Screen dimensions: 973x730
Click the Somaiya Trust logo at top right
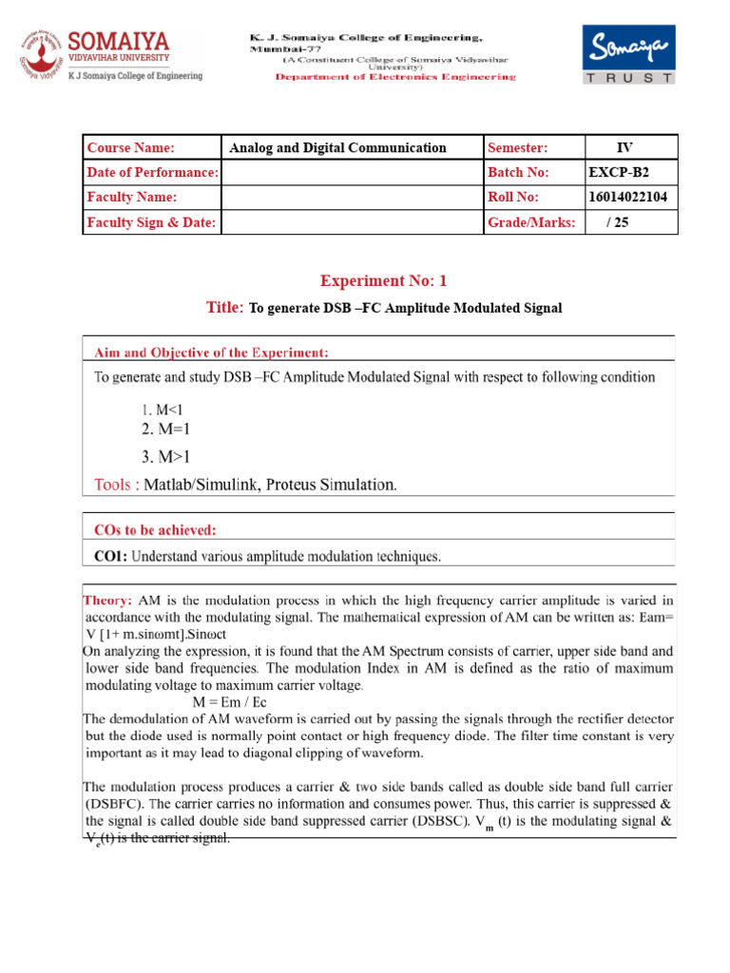click(x=628, y=55)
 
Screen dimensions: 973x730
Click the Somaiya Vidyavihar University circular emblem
click(x=40, y=55)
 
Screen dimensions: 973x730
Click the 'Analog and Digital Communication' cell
click(x=337, y=147)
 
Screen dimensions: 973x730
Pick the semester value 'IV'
click(x=624, y=147)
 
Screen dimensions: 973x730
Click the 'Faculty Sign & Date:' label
click(x=151, y=221)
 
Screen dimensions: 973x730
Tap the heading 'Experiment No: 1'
click(x=383, y=280)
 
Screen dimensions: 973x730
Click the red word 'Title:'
click(x=225, y=307)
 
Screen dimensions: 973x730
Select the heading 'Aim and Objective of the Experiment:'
click(x=211, y=353)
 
